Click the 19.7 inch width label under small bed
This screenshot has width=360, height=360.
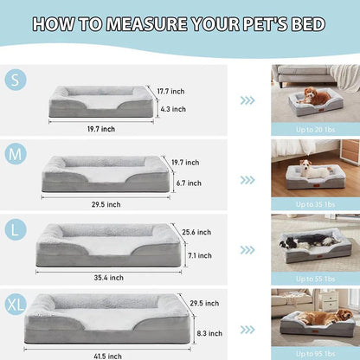pyautogui.click(x=101, y=129)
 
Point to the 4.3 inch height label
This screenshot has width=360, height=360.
pyautogui.click(x=173, y=110)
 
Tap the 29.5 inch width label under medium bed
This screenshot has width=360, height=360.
pyautogui.click(x=106, y=205)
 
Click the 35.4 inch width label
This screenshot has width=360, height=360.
pyautogui.click(x=109, y=278)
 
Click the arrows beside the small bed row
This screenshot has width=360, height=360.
pyautogui.click(x=247, y=100)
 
